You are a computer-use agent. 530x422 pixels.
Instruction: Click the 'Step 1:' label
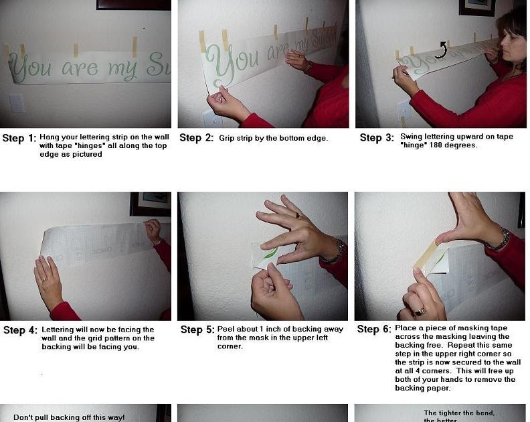(19, 139)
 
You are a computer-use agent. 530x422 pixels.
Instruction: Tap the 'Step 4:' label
(19, 330)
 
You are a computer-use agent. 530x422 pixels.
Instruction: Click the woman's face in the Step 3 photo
(511, 44)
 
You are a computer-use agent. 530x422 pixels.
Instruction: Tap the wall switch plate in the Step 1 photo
(16, 103)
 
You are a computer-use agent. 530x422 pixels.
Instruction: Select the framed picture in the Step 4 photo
(151, 204)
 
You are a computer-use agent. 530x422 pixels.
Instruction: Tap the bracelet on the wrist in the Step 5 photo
(333, 252)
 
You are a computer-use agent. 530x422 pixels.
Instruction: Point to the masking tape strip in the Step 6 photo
(426, 255)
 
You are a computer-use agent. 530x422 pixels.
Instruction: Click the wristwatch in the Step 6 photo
(499, 240)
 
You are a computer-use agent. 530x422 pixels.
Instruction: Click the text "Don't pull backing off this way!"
(69, 417)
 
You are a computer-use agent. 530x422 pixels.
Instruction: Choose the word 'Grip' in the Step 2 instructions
(228, 138)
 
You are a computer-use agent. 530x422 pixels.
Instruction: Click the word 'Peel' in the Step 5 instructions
(228, 330)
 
